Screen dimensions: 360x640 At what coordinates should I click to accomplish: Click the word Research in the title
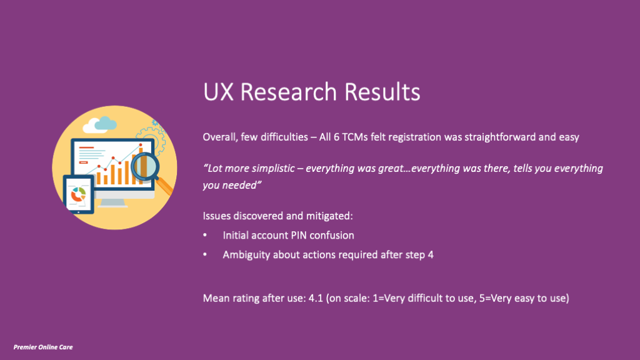(x=283, y=92)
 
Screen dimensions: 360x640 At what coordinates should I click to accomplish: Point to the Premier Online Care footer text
(x=43, y=346)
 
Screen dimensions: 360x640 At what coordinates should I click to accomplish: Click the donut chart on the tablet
(x=78, y=194)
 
